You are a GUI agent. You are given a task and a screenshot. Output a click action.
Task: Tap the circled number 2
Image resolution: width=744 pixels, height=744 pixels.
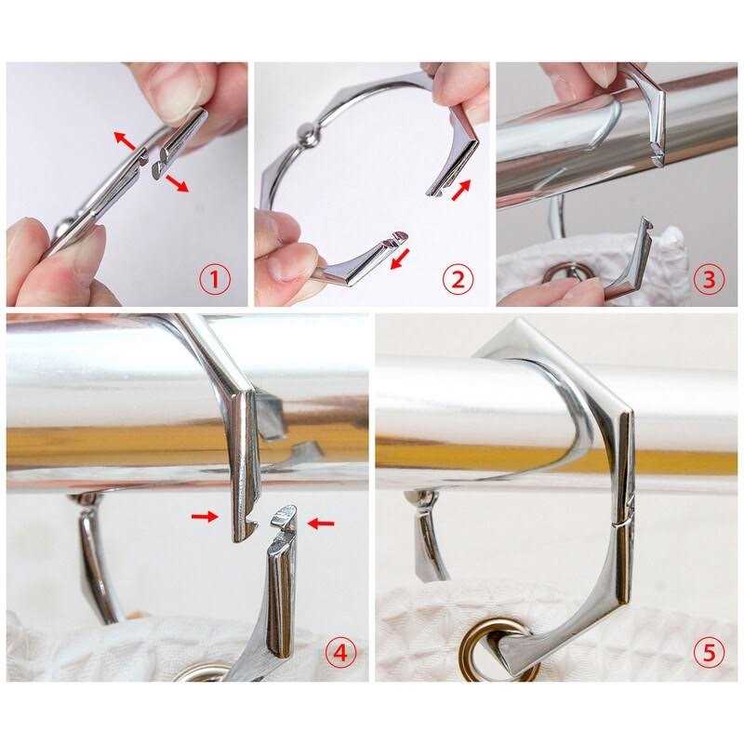458,278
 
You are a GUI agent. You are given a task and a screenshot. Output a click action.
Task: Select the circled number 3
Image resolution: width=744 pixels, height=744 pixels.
709,278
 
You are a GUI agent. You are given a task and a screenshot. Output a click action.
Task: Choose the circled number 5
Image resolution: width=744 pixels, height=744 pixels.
709,654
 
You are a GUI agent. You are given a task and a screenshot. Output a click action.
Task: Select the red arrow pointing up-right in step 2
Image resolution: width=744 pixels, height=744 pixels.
460,191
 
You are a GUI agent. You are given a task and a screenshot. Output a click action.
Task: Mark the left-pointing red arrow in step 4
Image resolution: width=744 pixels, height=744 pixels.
320,524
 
